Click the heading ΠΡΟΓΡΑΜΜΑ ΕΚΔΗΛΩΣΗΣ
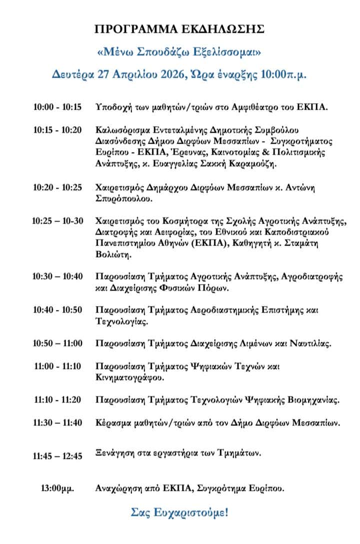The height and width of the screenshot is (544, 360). pyautogui.click(x=179, y=29)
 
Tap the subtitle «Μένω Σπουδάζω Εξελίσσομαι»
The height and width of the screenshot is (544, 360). pyautogui.click(x=179, y=52)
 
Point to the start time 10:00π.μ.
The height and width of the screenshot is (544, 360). pyautogui.click(x=283, y=74)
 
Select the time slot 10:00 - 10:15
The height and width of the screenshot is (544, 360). pyautogui.click(x=57, y=107)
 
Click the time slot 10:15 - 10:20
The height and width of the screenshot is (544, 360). pyautogui.click(x=57, y=130)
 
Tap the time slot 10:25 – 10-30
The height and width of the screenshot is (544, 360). pyautogui.click(x=57, y=221)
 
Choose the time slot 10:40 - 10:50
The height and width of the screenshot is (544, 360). pyautogui.click(x=57, y=310)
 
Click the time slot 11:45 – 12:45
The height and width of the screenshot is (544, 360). pyautogui.click(x=57, y=456)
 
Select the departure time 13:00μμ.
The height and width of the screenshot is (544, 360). pyautogui.click(x=57, y=488)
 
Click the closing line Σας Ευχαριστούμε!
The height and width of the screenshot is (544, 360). pyautogui.click(x=179, y=512)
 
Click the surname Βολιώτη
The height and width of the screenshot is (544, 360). pyautogui.click(x=113, y=255)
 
